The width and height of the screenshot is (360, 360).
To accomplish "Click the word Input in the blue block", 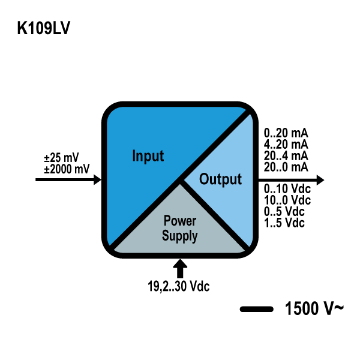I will (x=148, y=157).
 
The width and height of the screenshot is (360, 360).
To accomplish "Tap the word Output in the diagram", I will (x=220, y=179).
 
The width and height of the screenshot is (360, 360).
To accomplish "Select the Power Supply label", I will (x=179, y=229).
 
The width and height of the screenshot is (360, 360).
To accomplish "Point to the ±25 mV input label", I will (x=61, y=158).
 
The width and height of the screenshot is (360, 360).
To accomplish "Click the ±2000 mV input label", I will (x=66, y=169).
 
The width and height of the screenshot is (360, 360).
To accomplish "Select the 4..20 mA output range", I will (x=286, y=145).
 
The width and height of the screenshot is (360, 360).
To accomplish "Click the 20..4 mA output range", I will (x=286, y=155).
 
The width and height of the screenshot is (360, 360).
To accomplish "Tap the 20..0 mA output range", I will (x=286, y=166).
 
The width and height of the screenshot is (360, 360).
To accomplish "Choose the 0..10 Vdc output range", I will (x=287, y=189).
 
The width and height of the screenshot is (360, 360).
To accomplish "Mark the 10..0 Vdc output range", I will (x=287, y=200).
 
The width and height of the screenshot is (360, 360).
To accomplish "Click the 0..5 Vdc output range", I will (x=285, y=211).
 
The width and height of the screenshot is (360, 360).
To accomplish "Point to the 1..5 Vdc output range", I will (x=285, y=223).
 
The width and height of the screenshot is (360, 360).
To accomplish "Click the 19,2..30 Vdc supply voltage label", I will (x=179, y=286).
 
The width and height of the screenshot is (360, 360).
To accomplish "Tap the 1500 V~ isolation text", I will (x=314, y=310).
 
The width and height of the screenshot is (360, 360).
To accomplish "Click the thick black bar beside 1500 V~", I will (x=257, y=310).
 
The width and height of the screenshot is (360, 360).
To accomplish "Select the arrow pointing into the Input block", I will (x=69, y=179).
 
